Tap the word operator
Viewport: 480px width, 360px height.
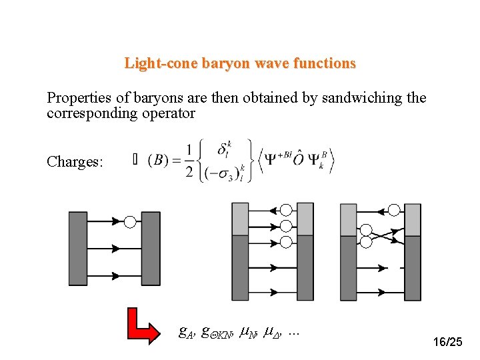pyautogui.click(x=165, y=113)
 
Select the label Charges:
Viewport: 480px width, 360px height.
pyautogui.click(x=75, y=162)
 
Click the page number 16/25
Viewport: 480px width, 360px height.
pyautogui.click(x=447, y=342)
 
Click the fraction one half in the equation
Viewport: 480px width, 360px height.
pyautogui.click(x=191, y=161)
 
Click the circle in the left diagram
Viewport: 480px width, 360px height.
pyautogui.click(x=131, y=221)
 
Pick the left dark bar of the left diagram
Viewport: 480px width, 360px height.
pyautogui.click(x=78, y=248)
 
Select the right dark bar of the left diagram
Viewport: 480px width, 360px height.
pyautogui.click(x=151, y=248)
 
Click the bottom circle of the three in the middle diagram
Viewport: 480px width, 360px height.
pyautogui.click(x=286, y=241)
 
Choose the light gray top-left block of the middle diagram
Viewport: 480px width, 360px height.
pyautogui.click(x=240, y=219)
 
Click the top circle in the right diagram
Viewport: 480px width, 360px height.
pyautogui.click(x=394, y=211)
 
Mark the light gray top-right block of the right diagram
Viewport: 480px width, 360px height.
pyautogui.click(x=413, y=219)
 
